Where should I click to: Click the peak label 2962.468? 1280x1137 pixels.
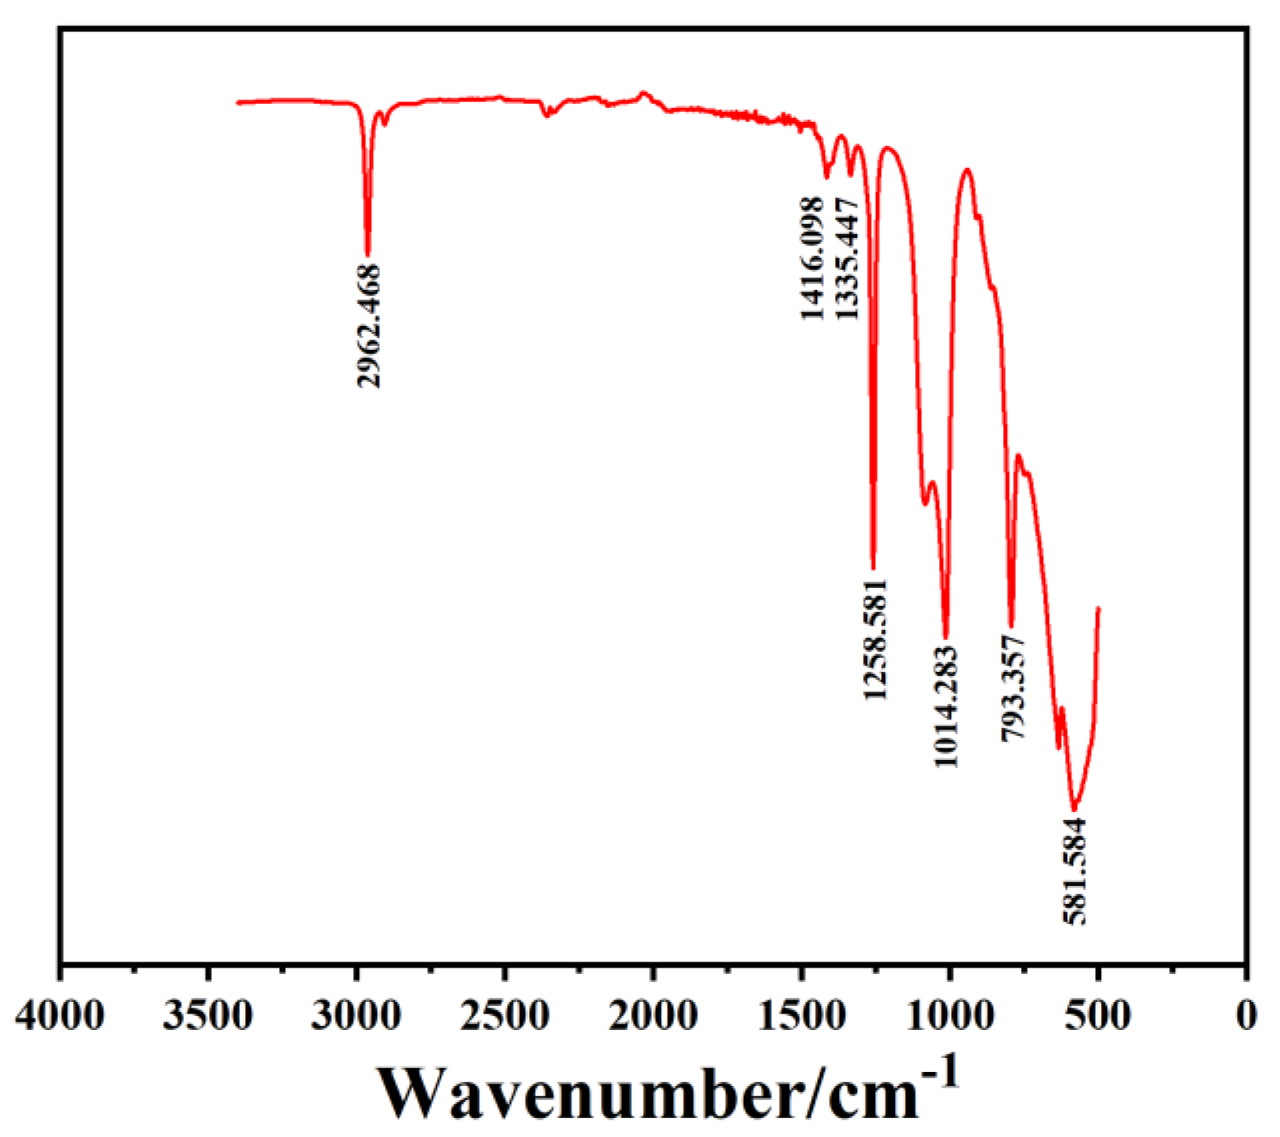368,325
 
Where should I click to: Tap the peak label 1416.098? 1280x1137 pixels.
811,259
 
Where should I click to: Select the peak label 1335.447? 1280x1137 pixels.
846,259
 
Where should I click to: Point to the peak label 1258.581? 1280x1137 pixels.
876,639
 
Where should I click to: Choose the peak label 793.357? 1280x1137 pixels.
1013,687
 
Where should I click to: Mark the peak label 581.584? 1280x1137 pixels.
1074,870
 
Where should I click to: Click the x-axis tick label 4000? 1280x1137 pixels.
60,1015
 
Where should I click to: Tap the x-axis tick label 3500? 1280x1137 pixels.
208,1015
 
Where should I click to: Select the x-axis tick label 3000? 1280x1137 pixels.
357,1015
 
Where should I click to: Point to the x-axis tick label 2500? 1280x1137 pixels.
505,1015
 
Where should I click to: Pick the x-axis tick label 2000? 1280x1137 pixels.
653,1015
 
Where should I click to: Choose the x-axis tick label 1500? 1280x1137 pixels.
801,1015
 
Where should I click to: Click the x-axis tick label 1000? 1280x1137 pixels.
950,1015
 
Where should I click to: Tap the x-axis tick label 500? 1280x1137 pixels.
1098,1015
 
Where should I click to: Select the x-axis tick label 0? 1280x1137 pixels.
1246,1015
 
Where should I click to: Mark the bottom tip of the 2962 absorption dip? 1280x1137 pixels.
367,255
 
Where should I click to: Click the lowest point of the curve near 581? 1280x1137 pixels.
1074,809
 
